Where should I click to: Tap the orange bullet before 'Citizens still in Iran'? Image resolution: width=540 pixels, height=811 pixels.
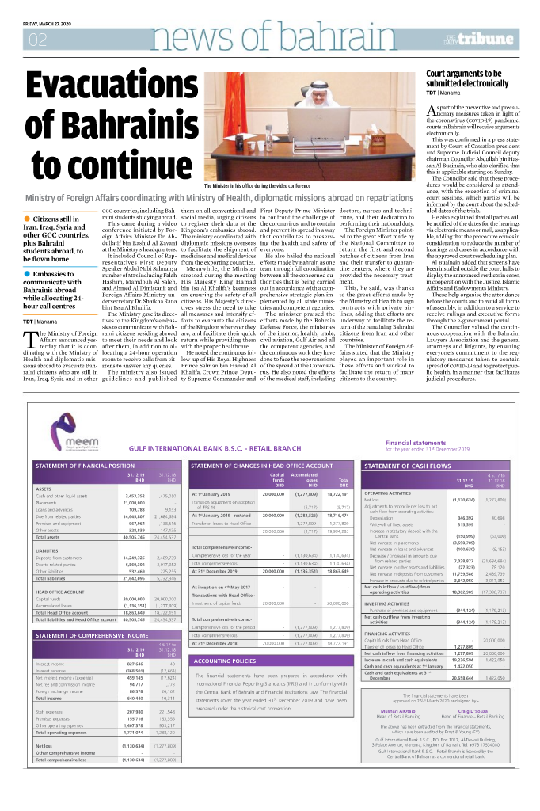click(x=28, y=218)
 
